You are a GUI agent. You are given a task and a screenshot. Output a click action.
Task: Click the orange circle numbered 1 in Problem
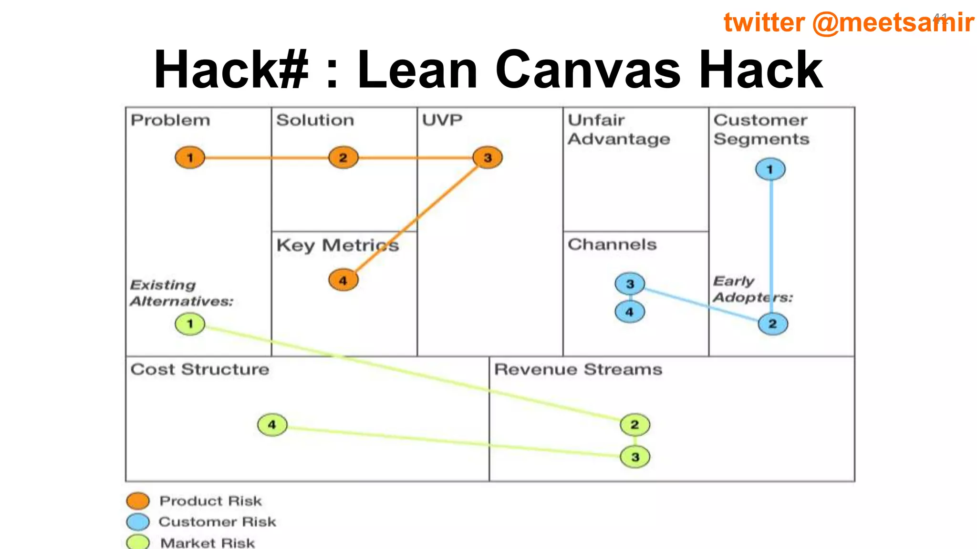tap(190, 158)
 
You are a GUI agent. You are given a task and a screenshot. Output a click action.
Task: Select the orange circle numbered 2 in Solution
tap(343, 158)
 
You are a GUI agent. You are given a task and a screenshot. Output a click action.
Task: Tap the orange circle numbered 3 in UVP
tap(488, 158)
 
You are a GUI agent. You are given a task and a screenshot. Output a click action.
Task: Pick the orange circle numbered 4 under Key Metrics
tap(343, 280)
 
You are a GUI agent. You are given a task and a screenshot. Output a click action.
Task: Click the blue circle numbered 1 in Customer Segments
tap(770, 169)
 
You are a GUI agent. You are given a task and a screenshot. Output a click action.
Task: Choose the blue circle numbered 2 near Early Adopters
tap(773, 324)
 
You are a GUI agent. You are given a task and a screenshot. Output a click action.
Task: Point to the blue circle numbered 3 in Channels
tap(630, 284)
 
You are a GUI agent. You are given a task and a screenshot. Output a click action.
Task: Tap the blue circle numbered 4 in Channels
tap(630, 312)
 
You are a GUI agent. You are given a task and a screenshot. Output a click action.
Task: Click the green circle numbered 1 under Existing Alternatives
tap(190, 324)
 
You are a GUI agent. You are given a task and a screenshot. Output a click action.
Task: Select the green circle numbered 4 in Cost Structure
tap(272, 425)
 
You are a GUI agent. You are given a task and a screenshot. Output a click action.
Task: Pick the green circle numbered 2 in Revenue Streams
tap(635, 425)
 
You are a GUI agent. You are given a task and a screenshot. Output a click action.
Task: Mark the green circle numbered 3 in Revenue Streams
tap(635, 457)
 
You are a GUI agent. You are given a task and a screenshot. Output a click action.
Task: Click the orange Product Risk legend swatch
tap(138, 501)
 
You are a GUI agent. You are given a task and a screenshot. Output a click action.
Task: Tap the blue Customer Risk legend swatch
tap(138, 522)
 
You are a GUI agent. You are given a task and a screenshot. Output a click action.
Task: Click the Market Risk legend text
tap(208, 543)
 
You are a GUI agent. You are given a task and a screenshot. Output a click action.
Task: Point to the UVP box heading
tap(442, 120)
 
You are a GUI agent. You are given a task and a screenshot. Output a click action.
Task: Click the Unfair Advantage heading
tap(619, 130)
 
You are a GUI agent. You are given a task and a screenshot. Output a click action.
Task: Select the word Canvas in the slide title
tap(588, 70)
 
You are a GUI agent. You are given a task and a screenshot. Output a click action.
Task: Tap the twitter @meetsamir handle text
tap(848, 22)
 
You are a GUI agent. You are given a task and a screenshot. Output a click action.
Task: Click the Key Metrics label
tap(337, 245)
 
